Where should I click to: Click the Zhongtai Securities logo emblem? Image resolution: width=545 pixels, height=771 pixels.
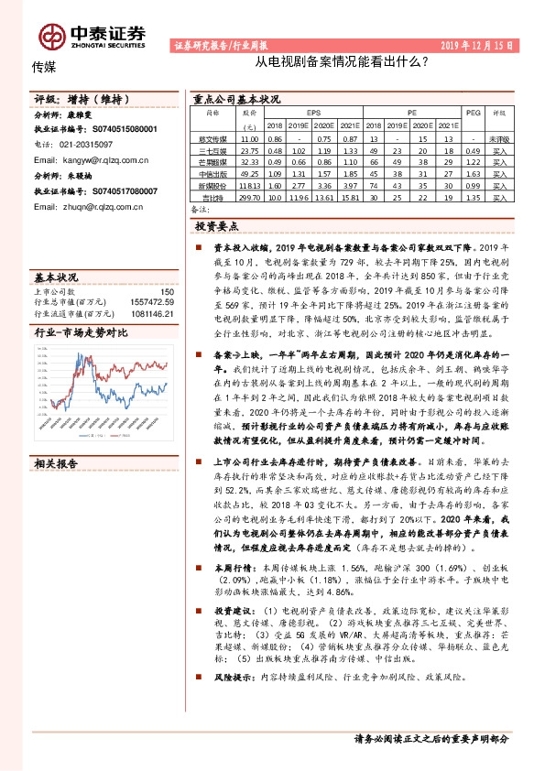point(51,36)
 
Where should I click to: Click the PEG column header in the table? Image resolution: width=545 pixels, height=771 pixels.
point(473,114)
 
